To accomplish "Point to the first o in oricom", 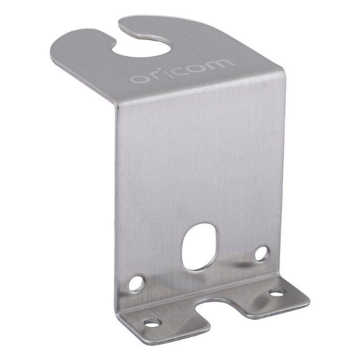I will tap(137, 78).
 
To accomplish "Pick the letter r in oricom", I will tap(153, 75).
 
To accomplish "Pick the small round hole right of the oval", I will tap(261, 253).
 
